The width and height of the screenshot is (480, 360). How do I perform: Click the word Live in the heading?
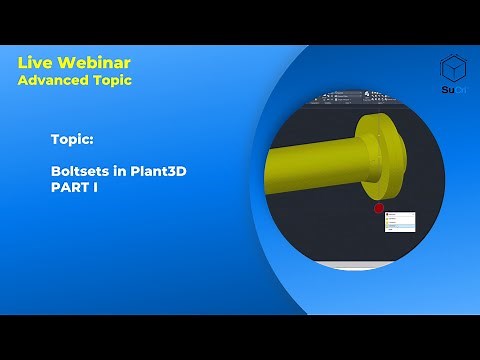(33, 64)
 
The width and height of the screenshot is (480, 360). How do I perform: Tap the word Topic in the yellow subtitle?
(111, 80)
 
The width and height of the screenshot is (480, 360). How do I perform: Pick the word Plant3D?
(160, 171)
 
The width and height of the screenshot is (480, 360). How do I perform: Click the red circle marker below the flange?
(379, 209)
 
